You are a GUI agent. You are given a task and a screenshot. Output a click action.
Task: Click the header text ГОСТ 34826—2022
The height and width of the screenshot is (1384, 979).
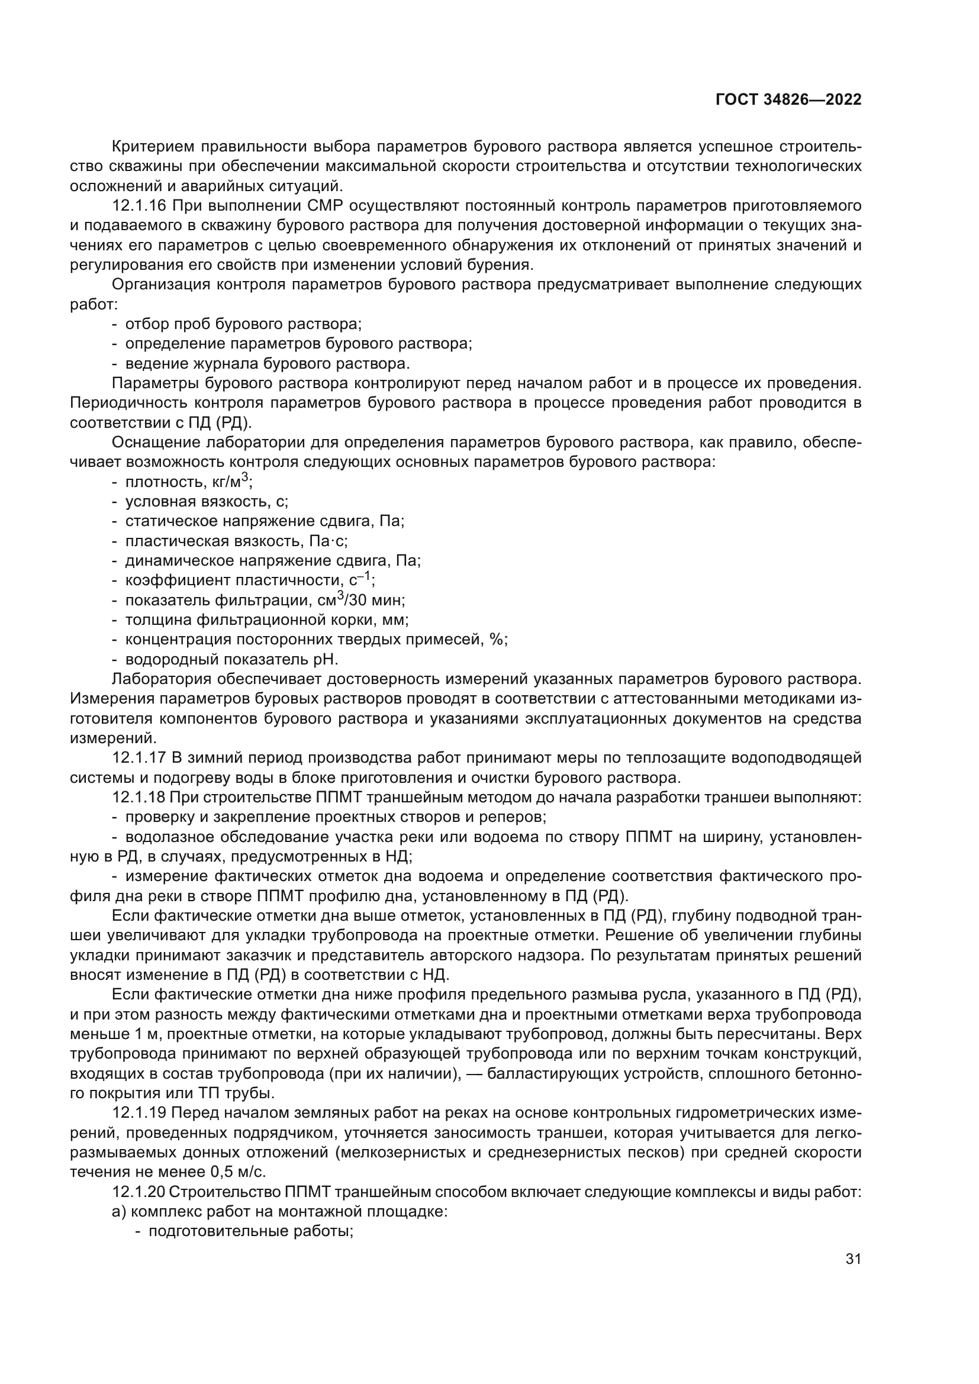[788, 100]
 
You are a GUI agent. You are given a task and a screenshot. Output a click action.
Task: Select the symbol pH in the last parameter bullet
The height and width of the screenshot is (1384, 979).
[327, 659]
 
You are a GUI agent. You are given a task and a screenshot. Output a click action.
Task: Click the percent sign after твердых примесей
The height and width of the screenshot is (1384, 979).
[498, 639]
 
